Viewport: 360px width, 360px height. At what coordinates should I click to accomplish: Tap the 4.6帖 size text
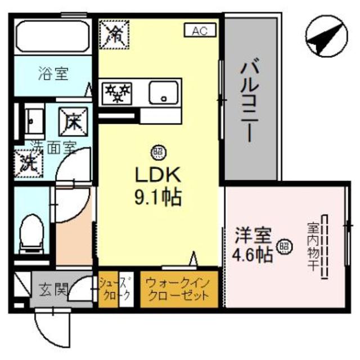point(253,255)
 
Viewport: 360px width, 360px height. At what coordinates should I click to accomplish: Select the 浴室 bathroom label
point(53,73)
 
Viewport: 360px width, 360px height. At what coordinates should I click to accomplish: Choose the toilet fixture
point(31,233)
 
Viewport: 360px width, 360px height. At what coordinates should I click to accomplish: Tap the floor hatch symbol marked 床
point(73,120)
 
